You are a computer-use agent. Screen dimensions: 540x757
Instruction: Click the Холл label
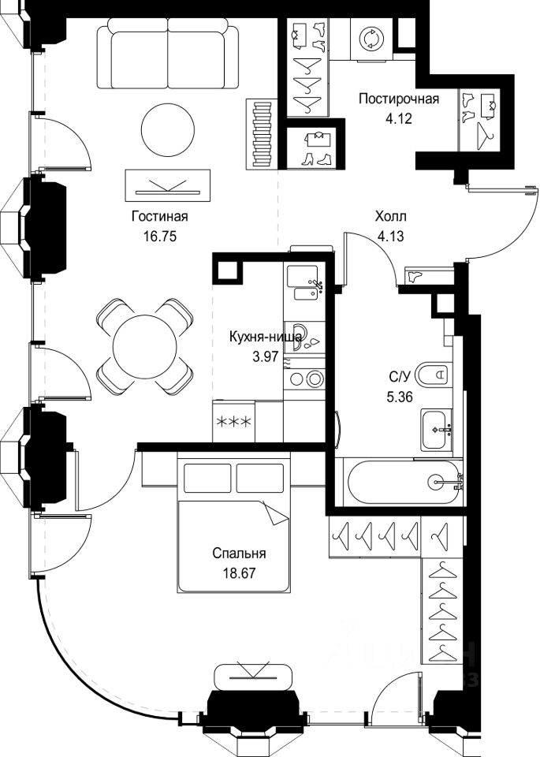(x=390, y=216)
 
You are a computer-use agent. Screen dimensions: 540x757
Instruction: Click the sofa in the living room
(x=169, y=57)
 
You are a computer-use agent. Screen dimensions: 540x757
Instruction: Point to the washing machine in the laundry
(x=371, y=39)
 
